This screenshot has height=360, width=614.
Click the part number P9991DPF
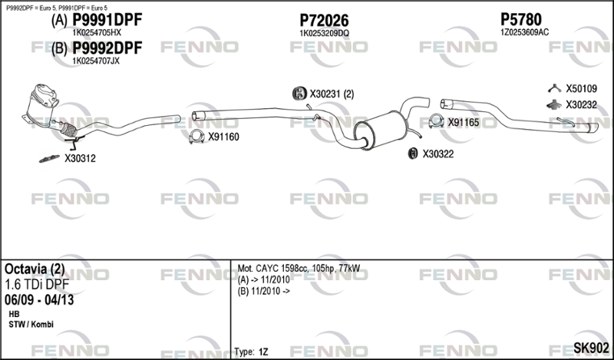pyautogui.click(x=107, y=20)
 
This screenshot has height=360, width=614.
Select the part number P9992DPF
pyautogui.click(x=107, y=48)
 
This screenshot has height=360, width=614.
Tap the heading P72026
pyautogui.click(x=324, y=20)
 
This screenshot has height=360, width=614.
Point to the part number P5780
pyautogui.click(x=521, y=19)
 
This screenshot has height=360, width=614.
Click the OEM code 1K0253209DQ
pyautogui.click(x=324, y=33)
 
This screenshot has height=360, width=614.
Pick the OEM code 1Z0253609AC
pyautogui.click(x=524, y=32)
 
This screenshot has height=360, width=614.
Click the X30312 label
pyautogui.click(x=80, y=159)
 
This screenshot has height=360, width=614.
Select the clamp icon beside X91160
pyautogui.click(x=196, y=137)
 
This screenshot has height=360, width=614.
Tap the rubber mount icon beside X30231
pyautogui.click(x=299, y=94)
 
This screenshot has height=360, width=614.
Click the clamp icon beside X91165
pyautogui.click(x=436, y=121)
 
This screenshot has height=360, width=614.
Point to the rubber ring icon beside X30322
pyautogui.click(x=412, y=154)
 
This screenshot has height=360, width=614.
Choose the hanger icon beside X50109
pyautogui.click(x=554, y=88)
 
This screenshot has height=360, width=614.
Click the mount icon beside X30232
pyautogui.click(x=554, y=104)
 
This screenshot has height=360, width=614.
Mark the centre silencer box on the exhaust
pyautogui.click(x=381, y=130)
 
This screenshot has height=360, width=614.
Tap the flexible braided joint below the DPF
pyautogui.click(x=68, y=130)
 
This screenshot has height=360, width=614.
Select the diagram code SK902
pyautogui.click(x=591, y=348)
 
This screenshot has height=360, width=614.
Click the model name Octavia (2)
pyautogui.click(x=35, y=269)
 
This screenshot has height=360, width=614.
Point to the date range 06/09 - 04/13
pyautogui.click(x=39, y=300)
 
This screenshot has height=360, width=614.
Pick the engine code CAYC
pyautogui.click(x=266, y=269)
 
